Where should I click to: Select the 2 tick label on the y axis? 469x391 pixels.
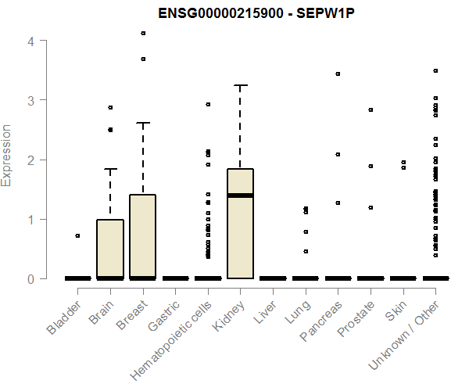pyautogui.click(x=31, y=160)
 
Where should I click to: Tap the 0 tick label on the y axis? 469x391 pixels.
pyautogui.click(x=31, y=278)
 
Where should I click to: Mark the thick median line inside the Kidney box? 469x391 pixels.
pyautogui.click(x=240, y=195)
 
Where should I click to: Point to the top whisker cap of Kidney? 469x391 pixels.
pyautogui.click(x=240, y=85)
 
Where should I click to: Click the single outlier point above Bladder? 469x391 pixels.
pyautogui.click(x=77, y=235)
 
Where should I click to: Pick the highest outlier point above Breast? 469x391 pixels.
pyautogui.click(x=143, y=33)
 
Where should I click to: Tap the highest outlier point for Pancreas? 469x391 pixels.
pyautogui.click(x=338, y=74)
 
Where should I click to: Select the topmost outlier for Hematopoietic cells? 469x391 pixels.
pyautogui.click(x=208, y=104)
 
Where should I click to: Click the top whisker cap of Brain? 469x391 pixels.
pyautogui.click(x=110, y=169)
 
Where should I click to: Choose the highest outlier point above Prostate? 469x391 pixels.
pyautogui.click(x=371, y=109)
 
